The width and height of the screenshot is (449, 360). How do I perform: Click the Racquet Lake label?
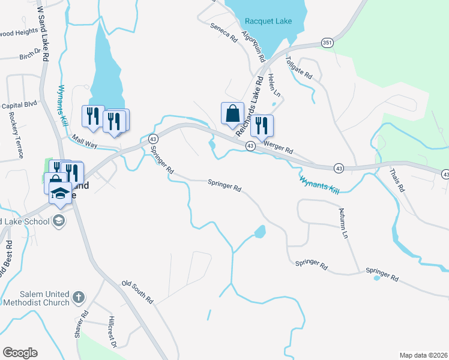tap(268, 22)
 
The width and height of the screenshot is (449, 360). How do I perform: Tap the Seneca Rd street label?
tap(224, 32)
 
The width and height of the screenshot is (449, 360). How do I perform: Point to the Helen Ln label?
tap(274, 85)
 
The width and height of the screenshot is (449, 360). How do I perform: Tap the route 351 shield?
tap(327, 43)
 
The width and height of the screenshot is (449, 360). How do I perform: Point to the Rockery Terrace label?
tap(15, 136)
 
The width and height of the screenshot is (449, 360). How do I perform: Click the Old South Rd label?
tap(137, 292)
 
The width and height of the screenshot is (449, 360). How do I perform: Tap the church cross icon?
tap(78, 297)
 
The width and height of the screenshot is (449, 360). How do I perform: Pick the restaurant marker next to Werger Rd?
tap(261, 125)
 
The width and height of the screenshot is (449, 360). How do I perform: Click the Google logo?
tap(20, 353)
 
